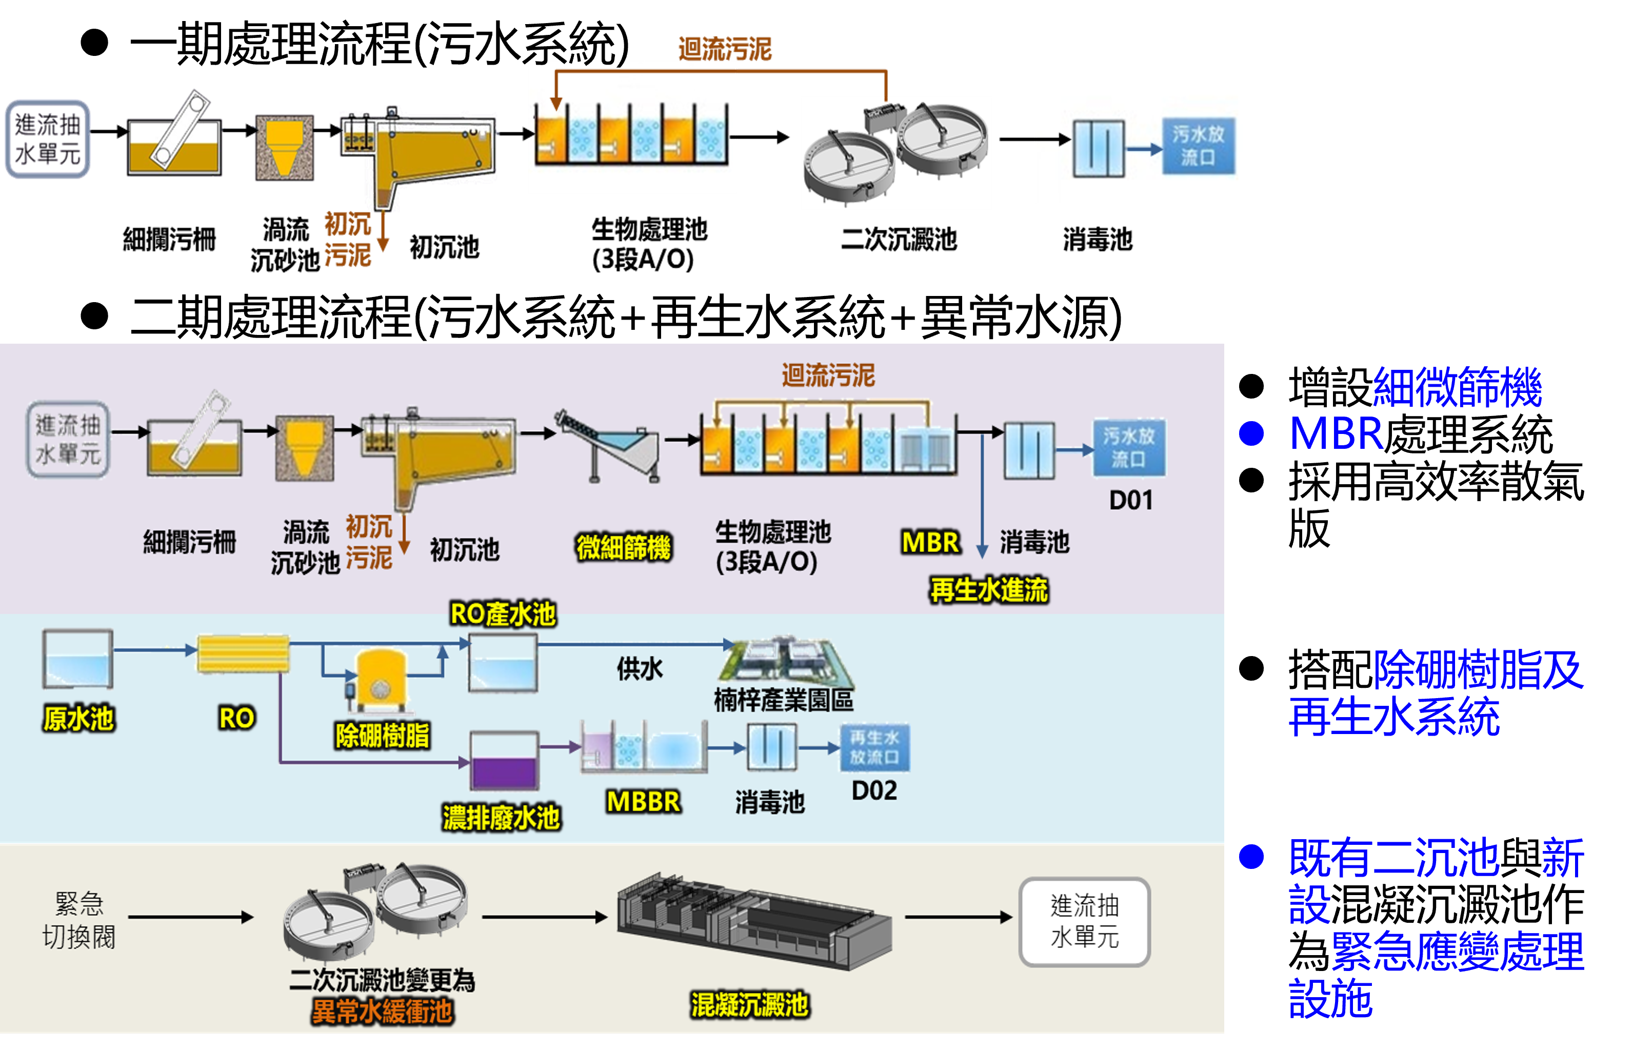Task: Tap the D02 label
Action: (874, 791)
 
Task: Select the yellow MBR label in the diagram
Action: (930, 543)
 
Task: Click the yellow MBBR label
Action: (643, 802)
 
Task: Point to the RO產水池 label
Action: (503, 615)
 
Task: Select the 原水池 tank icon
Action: (77, 659)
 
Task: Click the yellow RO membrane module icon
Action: (243, 654)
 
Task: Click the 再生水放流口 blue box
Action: (874, 747)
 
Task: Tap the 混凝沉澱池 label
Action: (750, 1004)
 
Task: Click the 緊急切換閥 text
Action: (79, 920)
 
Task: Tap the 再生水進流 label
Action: (989, 590)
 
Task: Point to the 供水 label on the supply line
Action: (639, 669)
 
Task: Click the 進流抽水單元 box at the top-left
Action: (48, 139)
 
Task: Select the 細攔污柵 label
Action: (189, 542)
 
